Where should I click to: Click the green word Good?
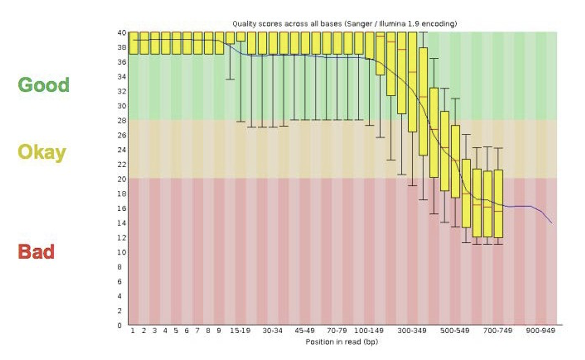43,85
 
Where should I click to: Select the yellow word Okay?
42,152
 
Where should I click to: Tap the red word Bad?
36,252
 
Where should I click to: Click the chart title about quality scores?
344,24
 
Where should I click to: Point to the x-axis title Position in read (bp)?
341,342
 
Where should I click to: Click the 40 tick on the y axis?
121,33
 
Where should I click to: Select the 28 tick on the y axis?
121,121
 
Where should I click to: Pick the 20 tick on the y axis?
121,179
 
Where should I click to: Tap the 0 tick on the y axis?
119,325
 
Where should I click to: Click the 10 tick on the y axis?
121,252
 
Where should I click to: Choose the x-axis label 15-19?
240,331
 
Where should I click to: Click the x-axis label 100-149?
369,331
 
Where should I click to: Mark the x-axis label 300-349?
412,331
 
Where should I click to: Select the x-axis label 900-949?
540,331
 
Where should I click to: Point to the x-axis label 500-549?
455,331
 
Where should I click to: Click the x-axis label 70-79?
337,331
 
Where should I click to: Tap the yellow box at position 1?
133,43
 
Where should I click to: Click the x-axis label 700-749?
498,331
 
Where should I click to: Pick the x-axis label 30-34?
273,331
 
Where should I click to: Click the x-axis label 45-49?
304,331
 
